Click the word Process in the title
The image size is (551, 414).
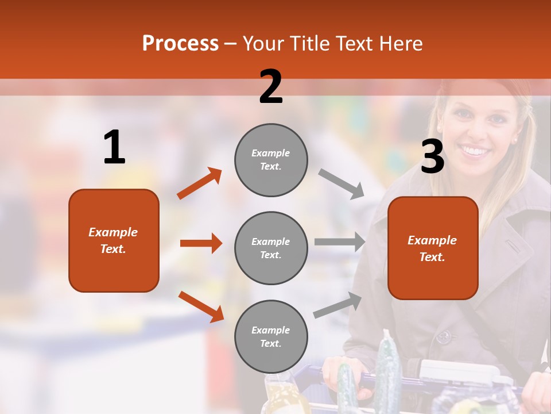[x=180, y=44]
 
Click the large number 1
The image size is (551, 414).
[x=114, y=147]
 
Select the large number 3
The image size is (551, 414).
[x=432, y=156]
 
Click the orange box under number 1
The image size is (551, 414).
[x=114, y=240]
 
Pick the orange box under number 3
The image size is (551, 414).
[x=432, y=248]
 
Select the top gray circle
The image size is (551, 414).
[x=271, y=160]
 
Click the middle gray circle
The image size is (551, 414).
[x=271, y=248]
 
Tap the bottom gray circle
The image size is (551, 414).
[x=271, y=337]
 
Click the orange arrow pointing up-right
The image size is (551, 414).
[x=200, y=183]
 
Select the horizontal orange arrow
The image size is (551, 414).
[x=201, y=243]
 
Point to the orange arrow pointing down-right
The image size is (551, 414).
[x=201, y=306]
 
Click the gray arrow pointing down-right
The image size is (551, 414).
[x=342, y=184]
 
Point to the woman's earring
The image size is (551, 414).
[x=514, y=140]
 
